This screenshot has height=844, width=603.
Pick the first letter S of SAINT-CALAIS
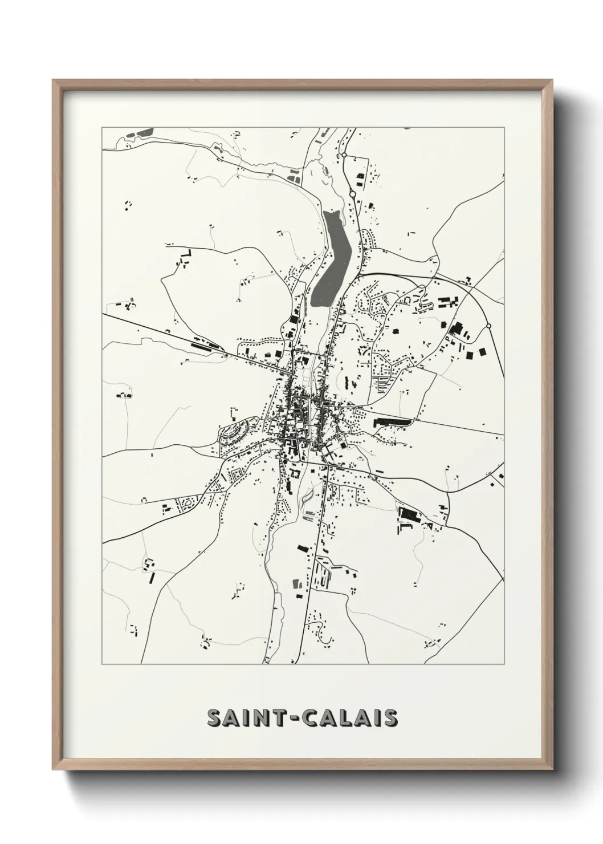215,718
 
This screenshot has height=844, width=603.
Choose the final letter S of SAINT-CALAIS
390,718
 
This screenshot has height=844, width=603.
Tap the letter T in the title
284,718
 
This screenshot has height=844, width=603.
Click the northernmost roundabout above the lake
344,155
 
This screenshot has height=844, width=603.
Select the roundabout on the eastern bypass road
488,326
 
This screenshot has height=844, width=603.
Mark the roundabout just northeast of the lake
353,194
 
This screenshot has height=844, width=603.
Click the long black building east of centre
392,422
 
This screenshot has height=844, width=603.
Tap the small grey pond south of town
296,584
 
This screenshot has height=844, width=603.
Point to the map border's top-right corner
504,128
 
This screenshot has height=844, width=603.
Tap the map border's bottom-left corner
102,664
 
